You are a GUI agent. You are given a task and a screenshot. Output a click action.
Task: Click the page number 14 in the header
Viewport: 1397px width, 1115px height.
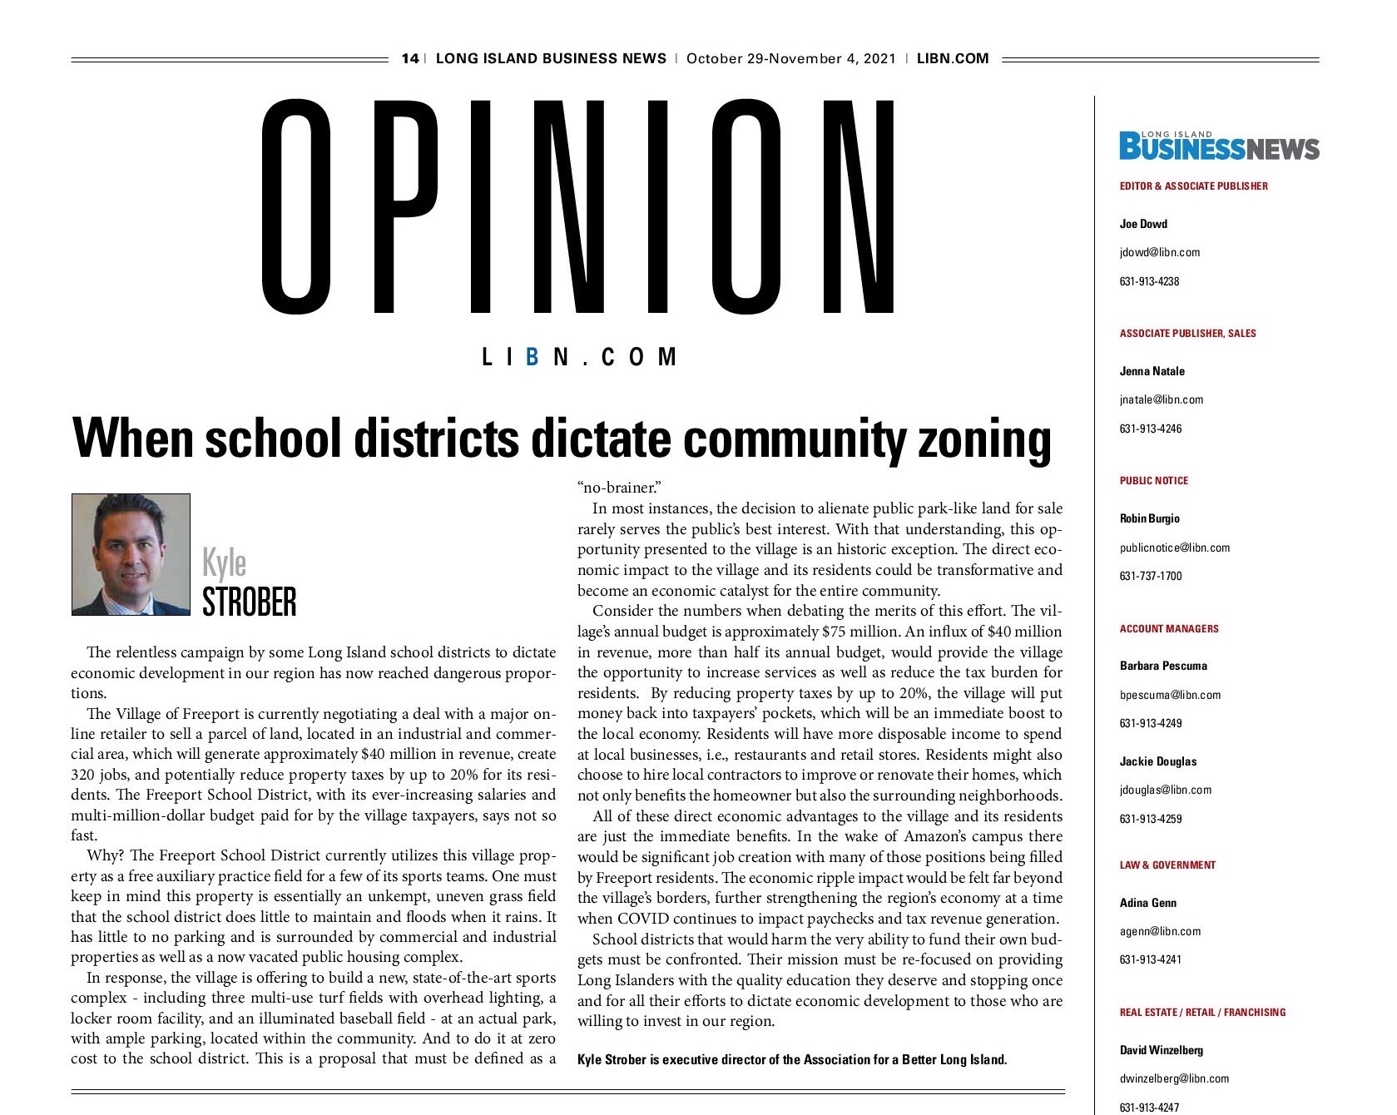pyautogui.click(x=409, y=58)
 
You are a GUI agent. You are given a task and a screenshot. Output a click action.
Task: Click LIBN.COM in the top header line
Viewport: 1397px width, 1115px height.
pyautogui.click(x=952, y=58)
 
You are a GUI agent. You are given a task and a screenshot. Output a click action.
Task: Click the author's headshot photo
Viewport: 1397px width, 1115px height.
pyautogui.click(x=131, y=554)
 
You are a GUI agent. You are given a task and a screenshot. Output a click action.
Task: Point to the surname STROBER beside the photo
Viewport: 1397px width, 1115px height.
pyautogui.click(x=249, y=602)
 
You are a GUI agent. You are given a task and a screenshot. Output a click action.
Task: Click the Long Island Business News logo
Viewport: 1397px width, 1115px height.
pyautogui.click(x=1219, y=146)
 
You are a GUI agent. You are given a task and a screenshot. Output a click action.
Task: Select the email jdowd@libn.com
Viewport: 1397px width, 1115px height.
pyautogui.click(x=1159, y=252)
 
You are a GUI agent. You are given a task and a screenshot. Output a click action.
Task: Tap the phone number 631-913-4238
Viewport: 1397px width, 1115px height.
pyautogui.click(x=1149, y=281)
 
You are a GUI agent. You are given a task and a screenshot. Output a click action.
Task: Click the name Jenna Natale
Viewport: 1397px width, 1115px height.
pyautogui.click(x=1152, y=371)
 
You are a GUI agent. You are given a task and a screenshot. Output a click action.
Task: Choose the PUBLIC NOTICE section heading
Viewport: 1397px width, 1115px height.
pyautogui.click(x=1153, y=481)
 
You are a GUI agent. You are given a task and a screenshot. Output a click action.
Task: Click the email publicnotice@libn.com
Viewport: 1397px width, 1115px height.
pyautogui.click(x=1174, y=548)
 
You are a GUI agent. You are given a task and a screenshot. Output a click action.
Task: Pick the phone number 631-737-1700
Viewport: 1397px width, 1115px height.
pyautogui.click(x=1150, y=576)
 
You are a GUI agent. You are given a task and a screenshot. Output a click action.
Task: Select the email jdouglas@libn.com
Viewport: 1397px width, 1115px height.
pyautogui.click(x=1165, y=790)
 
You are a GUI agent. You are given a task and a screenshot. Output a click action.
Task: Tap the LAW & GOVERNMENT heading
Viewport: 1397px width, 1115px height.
pyautogui.click(x=1167, y=865)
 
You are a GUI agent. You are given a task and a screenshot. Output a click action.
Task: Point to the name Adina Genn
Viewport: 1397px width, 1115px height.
pyautogui.click(x=1147, y=903)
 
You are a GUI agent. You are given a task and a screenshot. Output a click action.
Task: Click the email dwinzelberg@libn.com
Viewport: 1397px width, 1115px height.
pyautogui.click(x=1173, y=1078)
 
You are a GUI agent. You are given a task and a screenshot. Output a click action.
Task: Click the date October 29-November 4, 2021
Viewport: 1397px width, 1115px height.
pyautogui.click(x=790, y=58)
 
